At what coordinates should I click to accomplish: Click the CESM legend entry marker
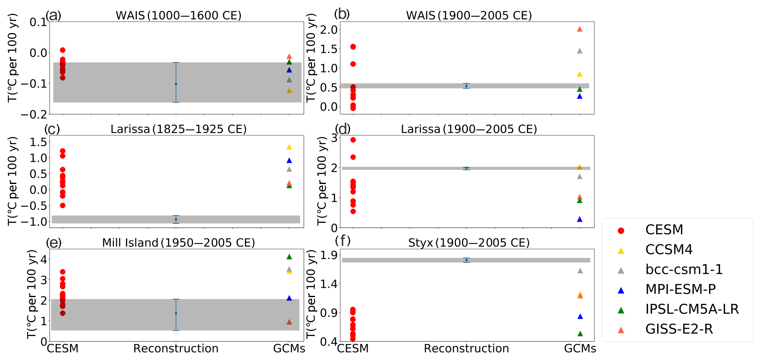[x=621, y=231]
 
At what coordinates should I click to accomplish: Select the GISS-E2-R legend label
[x=679, y=329]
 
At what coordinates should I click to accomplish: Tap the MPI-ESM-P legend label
[x=681, y=290]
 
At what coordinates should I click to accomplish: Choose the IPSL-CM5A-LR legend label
[x=692, y=309]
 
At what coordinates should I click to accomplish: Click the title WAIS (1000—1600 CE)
[x=178, y=16]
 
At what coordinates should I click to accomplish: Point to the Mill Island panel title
[x=178, y=243]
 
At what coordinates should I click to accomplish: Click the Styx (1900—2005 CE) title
[x=469, y=243]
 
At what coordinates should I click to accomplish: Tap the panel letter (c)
[x=52, y=129]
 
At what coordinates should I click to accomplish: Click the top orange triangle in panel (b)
[x=580, y=29]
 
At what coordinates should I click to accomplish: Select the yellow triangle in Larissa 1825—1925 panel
[x=289, y=147]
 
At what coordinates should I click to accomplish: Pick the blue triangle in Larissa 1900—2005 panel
[x=580, y=219]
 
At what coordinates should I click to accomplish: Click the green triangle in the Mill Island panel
[x=289, y=256]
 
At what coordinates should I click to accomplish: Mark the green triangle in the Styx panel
[x=580, y=334]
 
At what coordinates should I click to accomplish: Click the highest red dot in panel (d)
[x=353, y=140]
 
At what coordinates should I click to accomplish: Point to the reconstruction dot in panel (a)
[x=176, y=84]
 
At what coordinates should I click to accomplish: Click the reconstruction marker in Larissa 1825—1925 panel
[x=176, y=219]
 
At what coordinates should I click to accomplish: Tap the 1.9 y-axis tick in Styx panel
[x=329, y=255]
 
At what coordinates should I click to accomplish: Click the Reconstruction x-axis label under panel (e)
[x=176, y=349]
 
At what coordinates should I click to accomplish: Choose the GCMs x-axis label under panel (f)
[x=580, y=349]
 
